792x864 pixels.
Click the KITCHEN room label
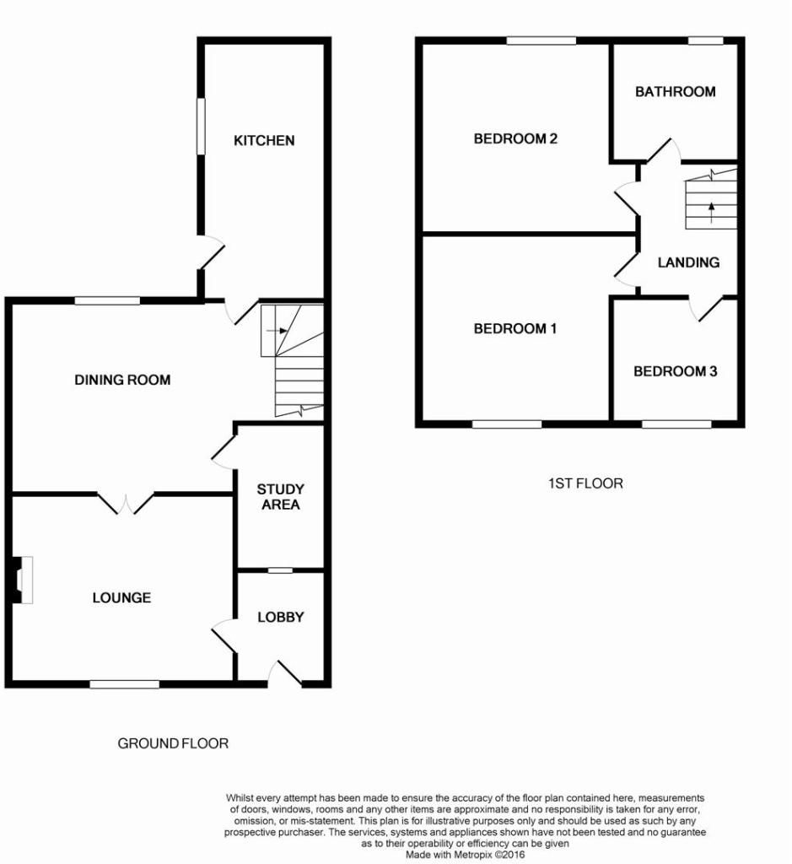click(264, 140)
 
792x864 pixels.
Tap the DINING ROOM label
click(122, 380)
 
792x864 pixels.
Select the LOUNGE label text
click(121, 597)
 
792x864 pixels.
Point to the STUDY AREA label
click(280, 497)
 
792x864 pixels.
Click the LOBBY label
click(280, 617)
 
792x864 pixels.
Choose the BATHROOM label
click(675, 91)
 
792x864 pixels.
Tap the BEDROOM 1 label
click(515, 329)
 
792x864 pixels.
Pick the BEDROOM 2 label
click(515, 139)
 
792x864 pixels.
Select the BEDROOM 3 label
click(675, 371)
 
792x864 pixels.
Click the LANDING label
click(688, 262)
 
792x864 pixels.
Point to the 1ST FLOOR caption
click(585, 483)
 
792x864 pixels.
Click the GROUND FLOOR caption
click(172, 743)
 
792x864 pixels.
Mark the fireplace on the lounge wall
click(24, 580)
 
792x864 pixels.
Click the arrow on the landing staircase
click(710, 212)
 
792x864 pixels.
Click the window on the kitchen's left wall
click(201, 127)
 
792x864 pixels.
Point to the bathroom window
click(706, 40)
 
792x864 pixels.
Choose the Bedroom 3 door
click(707, 309)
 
